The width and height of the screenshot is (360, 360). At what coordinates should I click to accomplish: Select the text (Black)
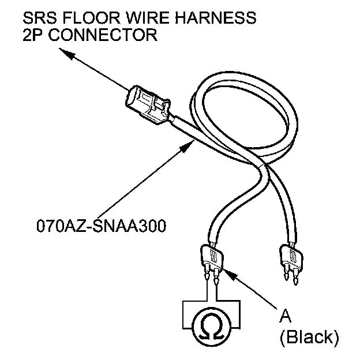click(x=309, y=336)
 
